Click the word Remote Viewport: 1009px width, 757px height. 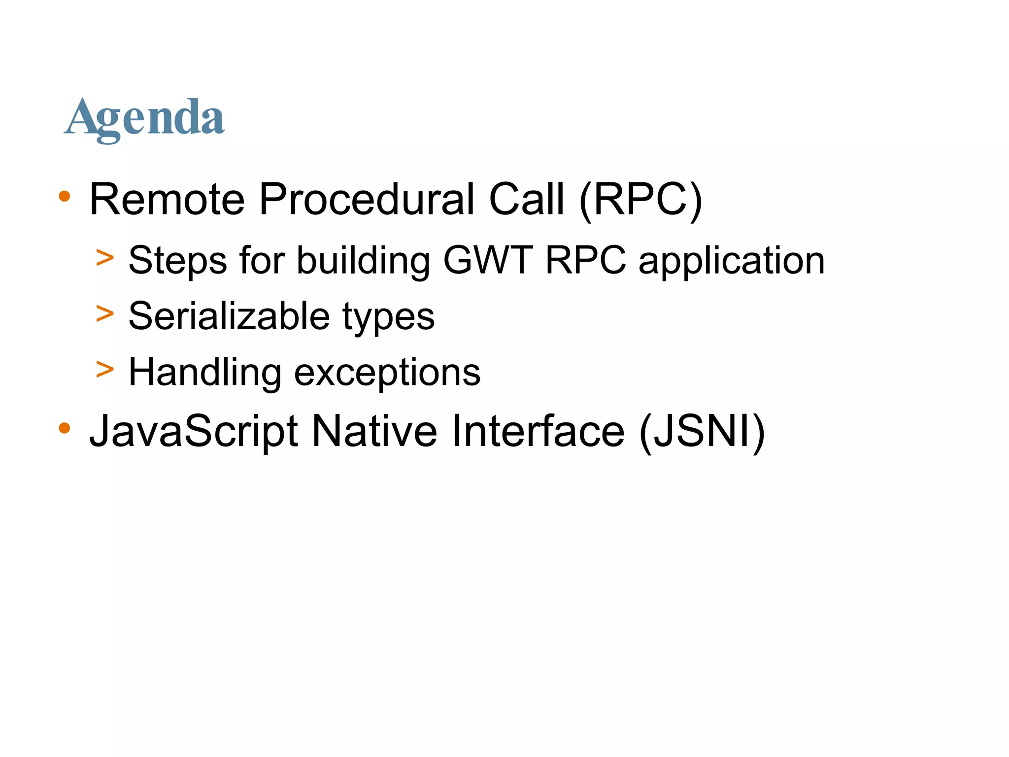coord(167,199)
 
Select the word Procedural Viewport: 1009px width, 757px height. coord(367,199)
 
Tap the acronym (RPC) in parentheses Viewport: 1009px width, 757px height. coord(640,199)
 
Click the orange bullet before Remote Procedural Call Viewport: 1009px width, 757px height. coord(64,197)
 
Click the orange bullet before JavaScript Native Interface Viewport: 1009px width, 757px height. coord(64,428)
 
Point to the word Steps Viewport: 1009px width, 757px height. coord(177,261)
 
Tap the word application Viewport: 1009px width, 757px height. coord(731,261)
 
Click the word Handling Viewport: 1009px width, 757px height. coord(205,373)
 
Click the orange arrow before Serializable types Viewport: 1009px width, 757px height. coord(105,313)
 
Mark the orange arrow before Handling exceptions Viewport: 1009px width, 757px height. coord(105,369)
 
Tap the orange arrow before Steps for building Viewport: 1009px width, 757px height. coord(105,258)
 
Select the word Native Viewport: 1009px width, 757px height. coord(374,431)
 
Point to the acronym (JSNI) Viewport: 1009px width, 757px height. coord(702,431)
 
